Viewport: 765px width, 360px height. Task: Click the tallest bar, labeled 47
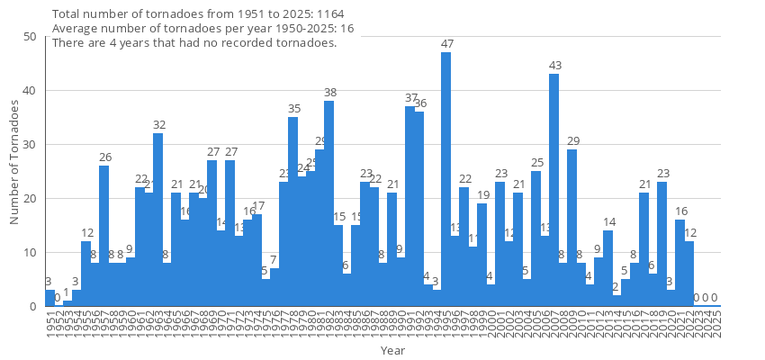pos(445,180)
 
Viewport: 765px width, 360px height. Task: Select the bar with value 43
pos(553,190)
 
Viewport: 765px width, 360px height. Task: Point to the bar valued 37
pos(409,206)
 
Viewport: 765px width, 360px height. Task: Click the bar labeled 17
pos(256,260)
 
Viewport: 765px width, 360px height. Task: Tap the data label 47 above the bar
pos(447,44)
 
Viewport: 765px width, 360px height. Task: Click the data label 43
pos(555,66)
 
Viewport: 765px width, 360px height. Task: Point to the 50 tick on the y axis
pos(30,37)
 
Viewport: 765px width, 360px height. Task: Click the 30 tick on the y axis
pos(30,145)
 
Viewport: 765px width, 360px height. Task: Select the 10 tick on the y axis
pos(30,253)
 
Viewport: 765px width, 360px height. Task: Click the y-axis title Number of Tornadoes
pos(14,162)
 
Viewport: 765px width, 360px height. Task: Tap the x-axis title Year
pos(392,350)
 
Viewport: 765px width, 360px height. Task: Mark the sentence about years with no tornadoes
pos(194,42)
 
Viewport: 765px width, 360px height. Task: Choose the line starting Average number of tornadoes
pos(202,29)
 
